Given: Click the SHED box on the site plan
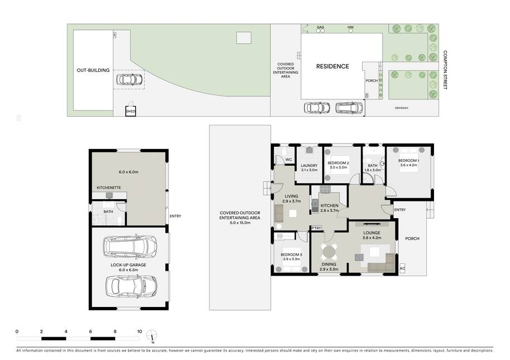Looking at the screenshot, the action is click(x=130, y=111).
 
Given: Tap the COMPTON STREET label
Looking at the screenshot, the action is click(x=445, y=70).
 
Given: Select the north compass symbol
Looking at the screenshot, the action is click(x=152, y=336).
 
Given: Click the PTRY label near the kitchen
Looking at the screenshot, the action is click(x=316, y=228).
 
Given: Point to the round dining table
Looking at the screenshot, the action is click(x=329, y=252).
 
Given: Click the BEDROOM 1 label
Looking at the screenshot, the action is click(x=408, y=161).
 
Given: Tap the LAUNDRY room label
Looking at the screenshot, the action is click(x=309, y=165).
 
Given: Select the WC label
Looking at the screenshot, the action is click(x=288, y=160).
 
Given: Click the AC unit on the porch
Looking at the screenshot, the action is click(x=402, y=268).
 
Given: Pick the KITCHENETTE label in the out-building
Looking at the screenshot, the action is click(x=108, y=188).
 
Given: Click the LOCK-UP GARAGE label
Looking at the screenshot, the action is click(x=128, y=265).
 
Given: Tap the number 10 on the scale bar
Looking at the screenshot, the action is click(x=140, y=332).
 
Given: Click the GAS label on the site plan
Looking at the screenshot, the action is click(x=321, y=27).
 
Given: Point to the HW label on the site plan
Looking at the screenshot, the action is click(x=350, y=27).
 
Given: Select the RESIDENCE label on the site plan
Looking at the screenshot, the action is click(x=332, y=66).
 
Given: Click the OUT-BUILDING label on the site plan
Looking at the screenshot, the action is click(x=93, y=70).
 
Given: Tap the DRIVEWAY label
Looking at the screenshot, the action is click(x=402, y=108).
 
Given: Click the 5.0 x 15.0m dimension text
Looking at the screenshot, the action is click(x=240, y=223).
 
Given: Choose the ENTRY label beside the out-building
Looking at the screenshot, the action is click(x=175, y=216).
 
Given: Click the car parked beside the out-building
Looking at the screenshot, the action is click(x=129, y=79).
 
